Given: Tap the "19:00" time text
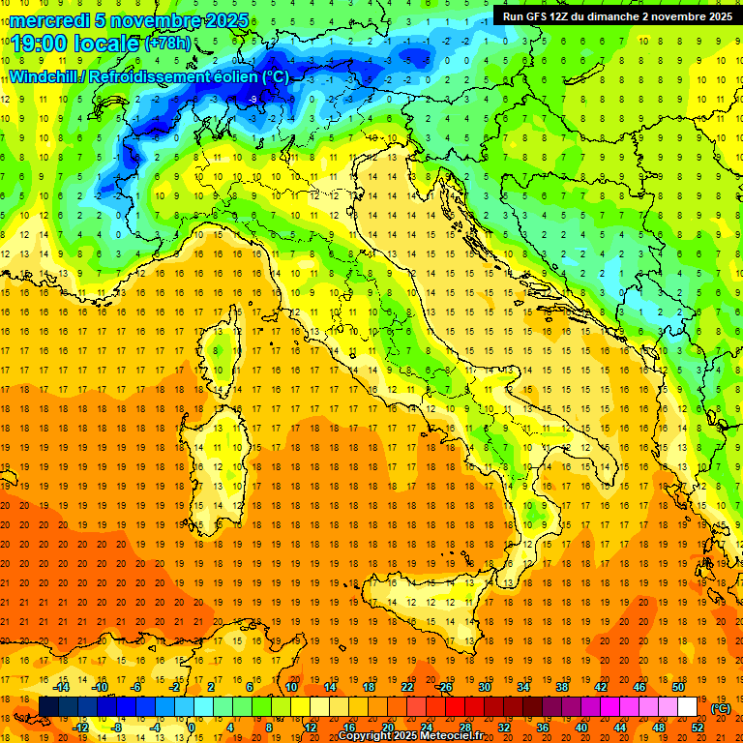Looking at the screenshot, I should point(40,43).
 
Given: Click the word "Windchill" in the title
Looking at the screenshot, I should point(45,76).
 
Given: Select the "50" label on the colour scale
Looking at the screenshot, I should point(678,687).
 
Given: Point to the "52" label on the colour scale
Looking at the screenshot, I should point(698,727).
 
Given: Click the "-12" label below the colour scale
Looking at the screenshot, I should point(81,727).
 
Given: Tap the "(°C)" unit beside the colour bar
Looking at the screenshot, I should point(721,707).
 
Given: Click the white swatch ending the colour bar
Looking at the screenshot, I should point(687,706).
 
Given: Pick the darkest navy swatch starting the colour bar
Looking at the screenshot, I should point(48,706).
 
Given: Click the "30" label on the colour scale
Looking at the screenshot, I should point(484,687).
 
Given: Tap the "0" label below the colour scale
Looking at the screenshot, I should point(192,727).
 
